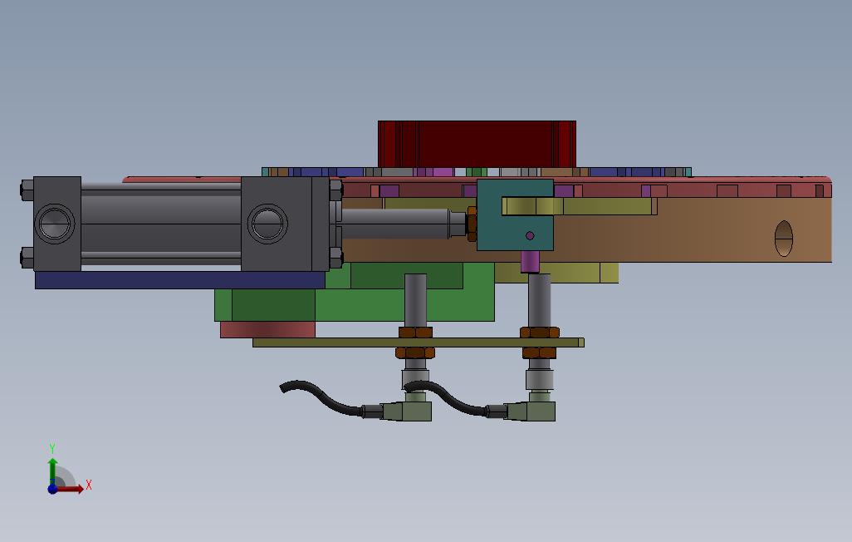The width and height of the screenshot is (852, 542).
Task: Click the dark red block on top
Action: pos(477,143)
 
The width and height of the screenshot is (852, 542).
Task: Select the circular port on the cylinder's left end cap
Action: pos(55,223)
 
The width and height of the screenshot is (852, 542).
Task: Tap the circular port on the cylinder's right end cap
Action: pos(267,223)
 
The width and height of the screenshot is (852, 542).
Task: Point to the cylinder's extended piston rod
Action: pos(395,223)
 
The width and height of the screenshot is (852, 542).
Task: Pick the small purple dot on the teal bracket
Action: pos(531,236)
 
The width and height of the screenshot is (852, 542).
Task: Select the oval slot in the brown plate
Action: pos(784,239)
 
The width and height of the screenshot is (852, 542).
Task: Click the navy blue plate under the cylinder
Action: pos(179,280)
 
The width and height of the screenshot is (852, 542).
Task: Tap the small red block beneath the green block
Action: pos(267,330)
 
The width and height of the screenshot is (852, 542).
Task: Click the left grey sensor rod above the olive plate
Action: pos(415,300)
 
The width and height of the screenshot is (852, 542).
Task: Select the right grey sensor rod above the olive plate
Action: pos(539,300)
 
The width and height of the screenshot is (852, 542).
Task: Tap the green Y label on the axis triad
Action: pos(52,449)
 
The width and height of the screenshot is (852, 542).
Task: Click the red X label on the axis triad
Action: pos(89,485)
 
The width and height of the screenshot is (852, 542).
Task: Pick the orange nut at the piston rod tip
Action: pos(472,224)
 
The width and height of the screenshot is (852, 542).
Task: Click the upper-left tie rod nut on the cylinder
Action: pos(27,190)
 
